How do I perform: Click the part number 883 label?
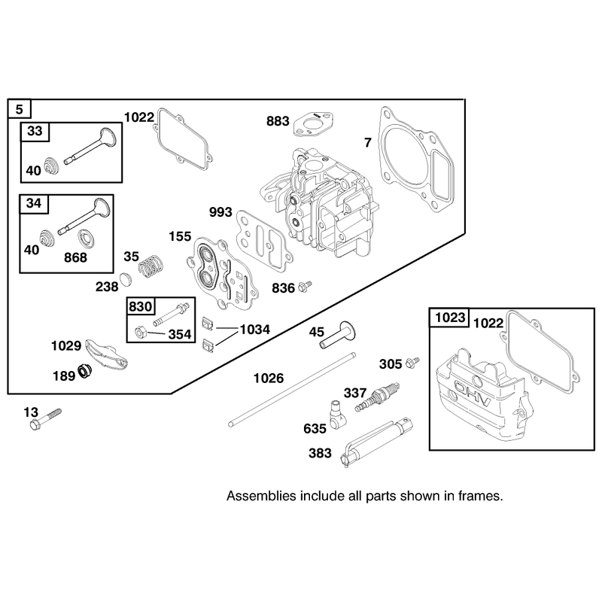[278, 121]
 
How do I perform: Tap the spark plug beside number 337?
[377, 397]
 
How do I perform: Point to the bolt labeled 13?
[45, 419]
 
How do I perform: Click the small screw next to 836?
[305, 286]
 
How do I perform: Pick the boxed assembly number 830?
[140, 306]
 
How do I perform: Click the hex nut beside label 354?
[140, 333]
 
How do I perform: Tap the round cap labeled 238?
[125, 279]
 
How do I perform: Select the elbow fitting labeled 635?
[337, 415]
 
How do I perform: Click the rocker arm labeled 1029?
[106, 354]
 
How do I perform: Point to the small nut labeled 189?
[84, 371]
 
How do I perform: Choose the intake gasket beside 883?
[313, 123]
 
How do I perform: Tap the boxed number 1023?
[449, 318]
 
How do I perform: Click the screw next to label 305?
[412, 363]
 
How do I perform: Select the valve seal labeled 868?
[87, 239]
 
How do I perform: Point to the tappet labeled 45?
[337, 335]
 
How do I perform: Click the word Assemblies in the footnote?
[261, 496]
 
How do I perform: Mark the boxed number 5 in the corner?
[20, 109]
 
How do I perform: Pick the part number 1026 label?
[269, 379]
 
